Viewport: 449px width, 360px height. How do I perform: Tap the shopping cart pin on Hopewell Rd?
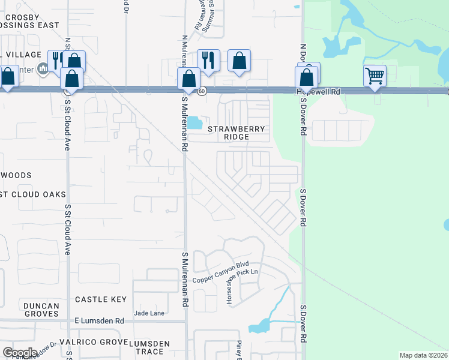click(x=375, y=76)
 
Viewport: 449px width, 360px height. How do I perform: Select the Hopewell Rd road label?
click(x=318, y=92)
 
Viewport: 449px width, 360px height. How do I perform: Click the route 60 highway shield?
click(x=203, y=91)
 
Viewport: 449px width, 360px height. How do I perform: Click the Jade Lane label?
click(x=149, y=313)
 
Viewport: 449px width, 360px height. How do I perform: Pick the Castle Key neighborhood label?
click(x=100, y=299)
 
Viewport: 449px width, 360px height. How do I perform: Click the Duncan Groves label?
click(x=41, y=310)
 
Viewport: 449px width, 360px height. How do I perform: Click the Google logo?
click(x=20, y=352)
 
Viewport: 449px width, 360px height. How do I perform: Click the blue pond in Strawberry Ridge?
click(x=195, y=123)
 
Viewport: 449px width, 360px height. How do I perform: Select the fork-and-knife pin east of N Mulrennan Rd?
click(x=208, y=60)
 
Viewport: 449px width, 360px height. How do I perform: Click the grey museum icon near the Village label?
click(x=42, y=70)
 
